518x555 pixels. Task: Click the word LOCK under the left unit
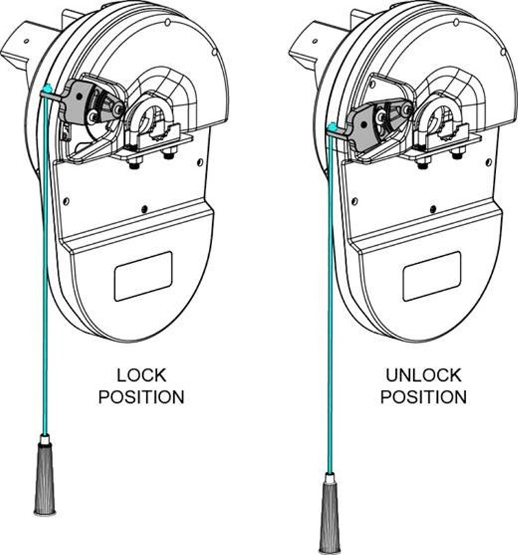(141, 375)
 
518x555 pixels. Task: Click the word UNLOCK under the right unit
(424, 375)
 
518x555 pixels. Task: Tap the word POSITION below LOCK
(141, 397)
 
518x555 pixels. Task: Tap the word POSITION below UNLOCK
(424, 397)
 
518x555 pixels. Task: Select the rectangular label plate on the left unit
(143, 276)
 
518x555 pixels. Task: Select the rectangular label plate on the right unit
(431, 276)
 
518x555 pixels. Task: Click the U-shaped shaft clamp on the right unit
(439, 116)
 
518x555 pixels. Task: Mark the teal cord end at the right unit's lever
(332, 127)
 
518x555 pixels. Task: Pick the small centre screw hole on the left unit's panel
(144, 208)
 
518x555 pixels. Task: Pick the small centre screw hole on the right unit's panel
(432, 208)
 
